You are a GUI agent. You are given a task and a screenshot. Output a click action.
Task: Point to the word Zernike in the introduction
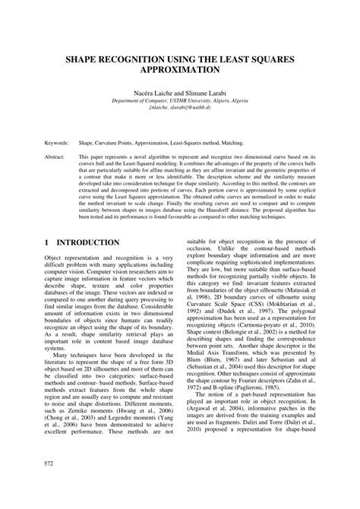click(x=81, y=406)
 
